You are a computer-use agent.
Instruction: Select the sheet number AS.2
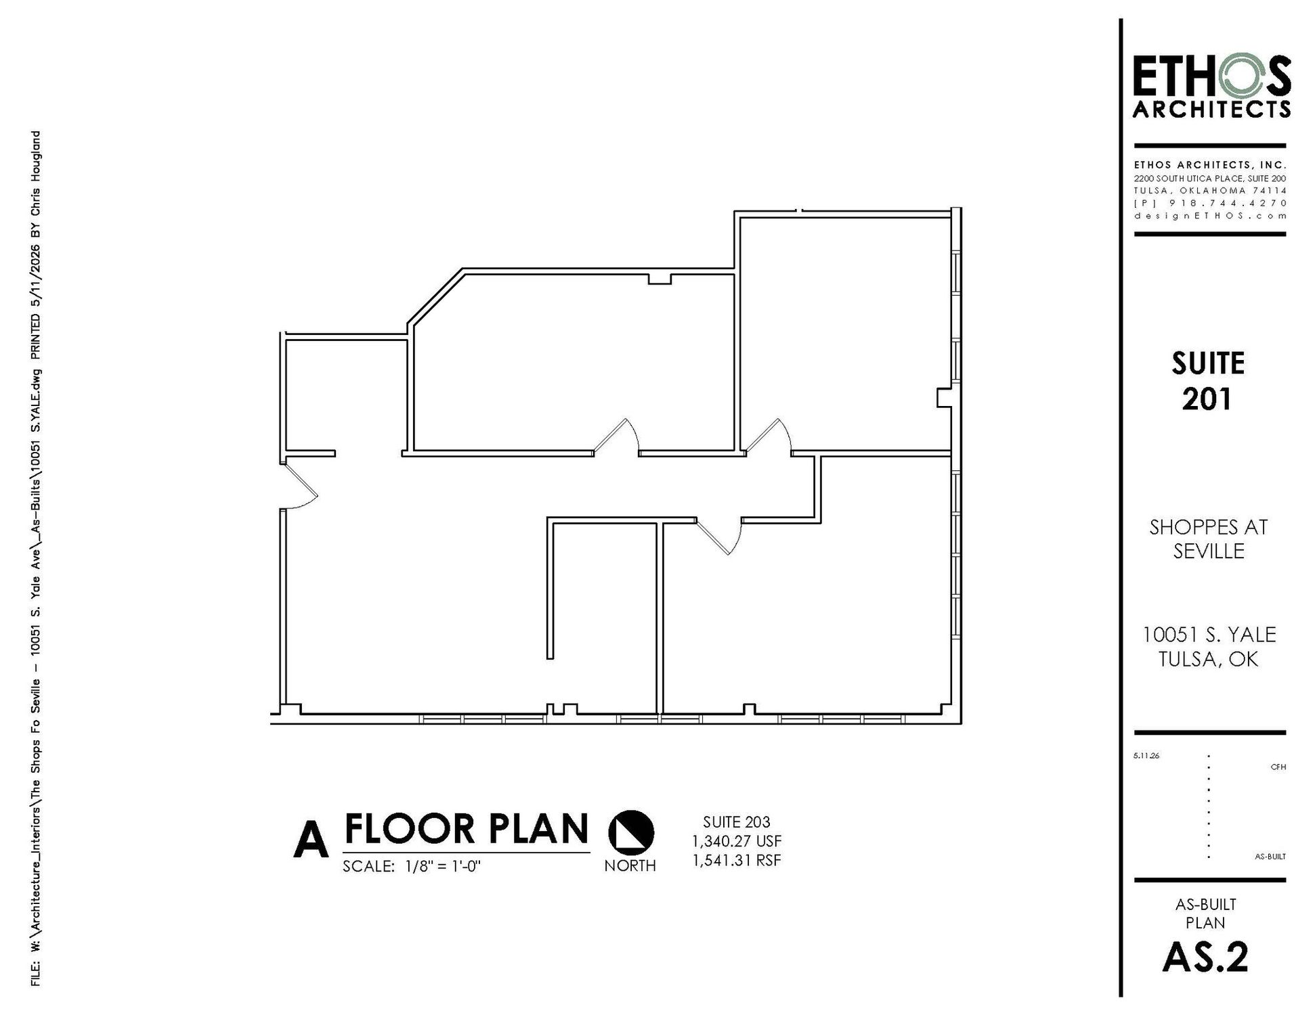(1205, 957)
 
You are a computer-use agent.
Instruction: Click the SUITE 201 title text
(1208, 381)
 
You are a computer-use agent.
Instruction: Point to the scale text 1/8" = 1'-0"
(443, 867)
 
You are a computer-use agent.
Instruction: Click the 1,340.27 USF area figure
(736, 841)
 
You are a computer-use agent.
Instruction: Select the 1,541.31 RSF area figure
(736, 860)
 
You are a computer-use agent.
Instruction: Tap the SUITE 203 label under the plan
(736, 822)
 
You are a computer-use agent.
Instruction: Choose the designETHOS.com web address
(1210, 216)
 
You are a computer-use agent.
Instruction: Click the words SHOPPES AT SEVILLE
(1209, 539)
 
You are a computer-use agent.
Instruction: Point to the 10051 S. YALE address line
(1209, 635)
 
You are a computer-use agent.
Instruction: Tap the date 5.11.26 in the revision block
(1146, 756)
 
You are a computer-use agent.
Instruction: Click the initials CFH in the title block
(1278, 767)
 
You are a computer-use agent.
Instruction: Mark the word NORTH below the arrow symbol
(630, 865)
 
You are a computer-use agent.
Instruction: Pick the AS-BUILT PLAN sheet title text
(1205, 913)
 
